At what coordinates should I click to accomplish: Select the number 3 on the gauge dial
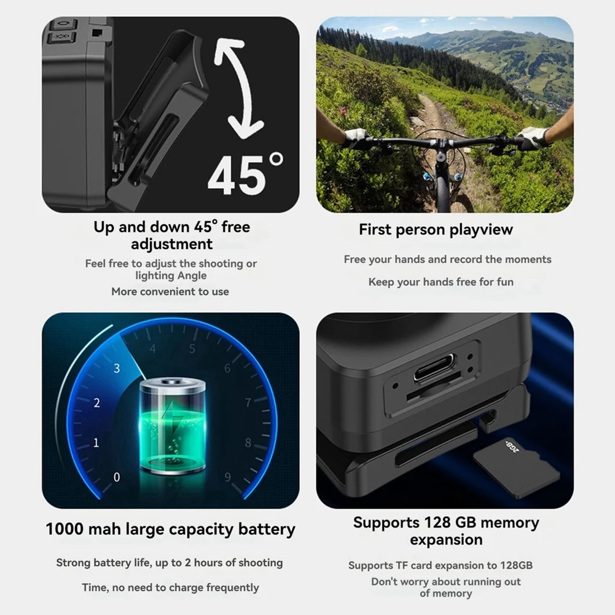click(117, 369)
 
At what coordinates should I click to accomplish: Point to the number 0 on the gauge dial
click(117, 477)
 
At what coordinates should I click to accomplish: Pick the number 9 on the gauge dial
click(227, 477)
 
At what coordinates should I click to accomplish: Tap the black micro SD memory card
click(516, 468)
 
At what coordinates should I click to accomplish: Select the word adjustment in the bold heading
click(171, 244)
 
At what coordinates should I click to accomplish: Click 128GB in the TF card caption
click(514, 565)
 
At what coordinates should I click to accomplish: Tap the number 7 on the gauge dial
click(248, 403)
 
